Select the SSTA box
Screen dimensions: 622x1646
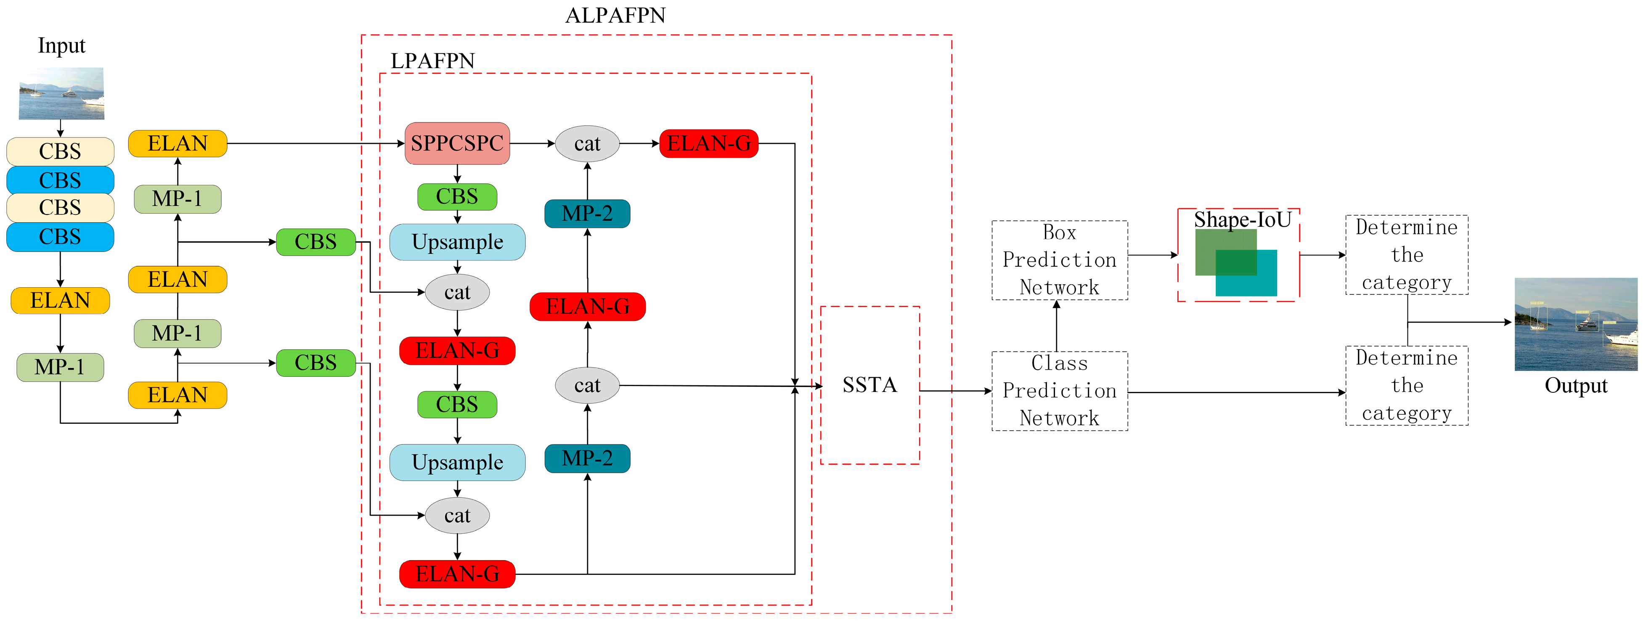[x=869, y=385]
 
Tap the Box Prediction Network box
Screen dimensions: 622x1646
[x=1060, y=260]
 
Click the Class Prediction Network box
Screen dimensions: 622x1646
[x=1060, y=391]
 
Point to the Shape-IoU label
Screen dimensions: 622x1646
[x=1242, y=220]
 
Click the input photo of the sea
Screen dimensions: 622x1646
[x=61, y=94]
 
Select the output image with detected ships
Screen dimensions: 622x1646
[x=1576, y=324]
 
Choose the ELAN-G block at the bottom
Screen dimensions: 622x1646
[x=457, y=574]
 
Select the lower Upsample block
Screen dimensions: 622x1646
[x=457, y=462]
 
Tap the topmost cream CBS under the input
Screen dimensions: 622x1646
[x=60, y=151]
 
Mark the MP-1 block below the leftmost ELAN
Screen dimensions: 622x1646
[x=60, y=367]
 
